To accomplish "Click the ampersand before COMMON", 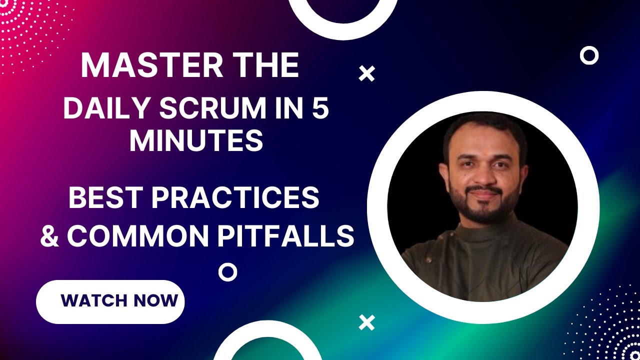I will click(49, 235).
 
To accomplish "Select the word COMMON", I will click(137, 235).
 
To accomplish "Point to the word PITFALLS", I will click(285, 235).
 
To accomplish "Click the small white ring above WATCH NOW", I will click(227, 272).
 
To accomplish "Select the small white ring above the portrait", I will click(589, 55).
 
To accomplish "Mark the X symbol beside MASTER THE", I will click(367, 74).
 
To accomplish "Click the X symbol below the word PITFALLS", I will click(367, 322).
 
